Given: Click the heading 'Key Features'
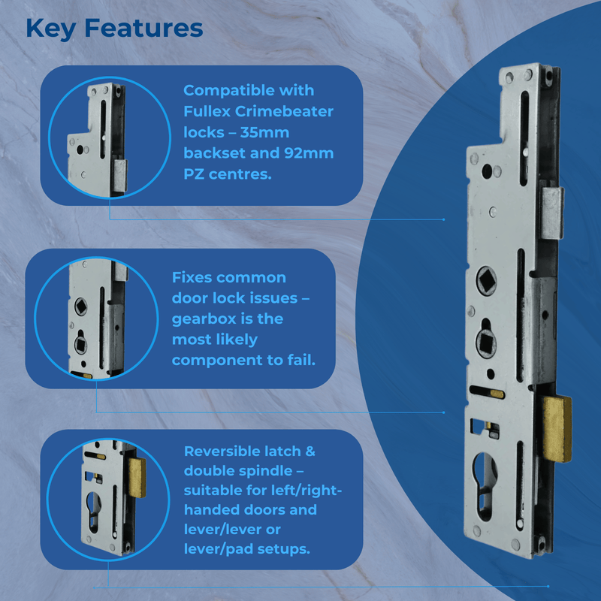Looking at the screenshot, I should (114, 29).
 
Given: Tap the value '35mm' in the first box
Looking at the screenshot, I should (269, 132).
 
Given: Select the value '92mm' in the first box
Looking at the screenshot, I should (307, 153).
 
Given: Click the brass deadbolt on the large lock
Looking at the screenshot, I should (557, 428).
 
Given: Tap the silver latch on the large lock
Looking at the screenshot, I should (552, 213).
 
